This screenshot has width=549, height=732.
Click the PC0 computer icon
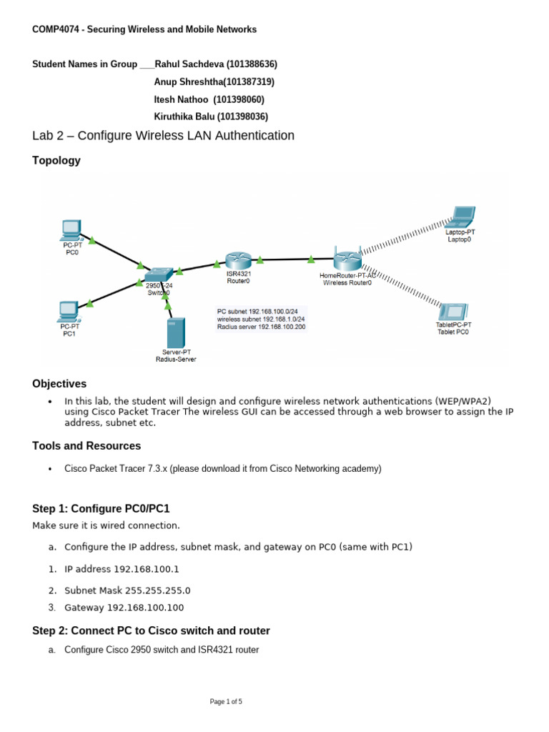coord(70,230)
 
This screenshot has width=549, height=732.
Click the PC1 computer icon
coord(69,311)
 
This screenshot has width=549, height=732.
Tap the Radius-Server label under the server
coord(176,360)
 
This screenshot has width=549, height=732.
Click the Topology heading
coord(56,161)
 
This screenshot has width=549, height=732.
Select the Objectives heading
coord(59,384)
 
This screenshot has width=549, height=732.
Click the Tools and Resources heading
coord(86,446)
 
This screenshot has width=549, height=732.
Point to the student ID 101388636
coord(247,64)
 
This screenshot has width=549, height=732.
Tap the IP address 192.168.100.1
coord(147,570)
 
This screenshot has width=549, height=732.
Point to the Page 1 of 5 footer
coord(226,702)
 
